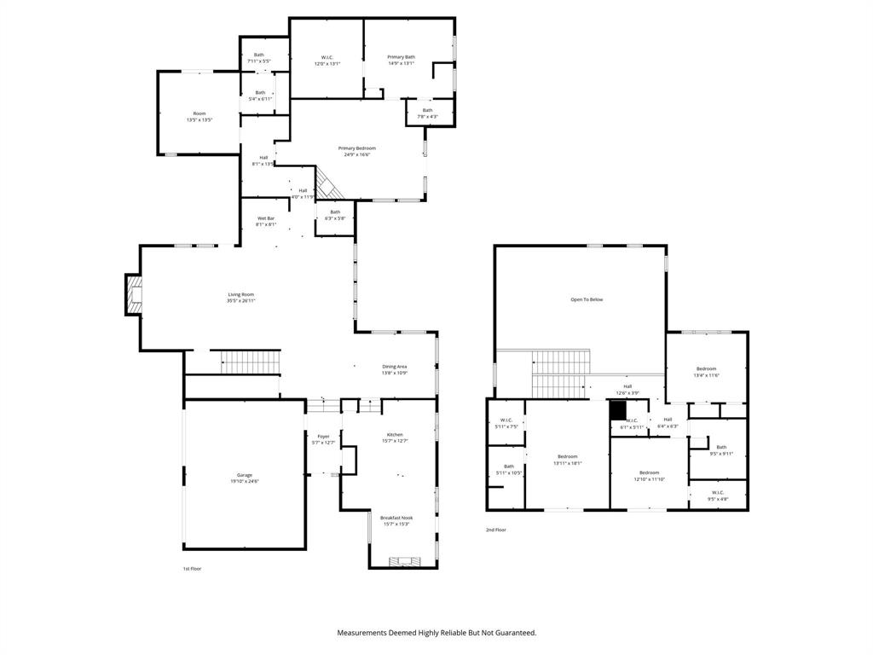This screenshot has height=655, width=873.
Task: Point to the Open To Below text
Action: pos(587,299)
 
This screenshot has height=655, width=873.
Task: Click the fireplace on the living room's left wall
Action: pos(133,293)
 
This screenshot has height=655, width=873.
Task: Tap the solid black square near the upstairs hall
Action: pos(618,408)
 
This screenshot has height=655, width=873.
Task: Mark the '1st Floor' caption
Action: pos(192,568)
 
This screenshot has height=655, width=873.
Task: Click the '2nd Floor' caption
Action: pos(496,530)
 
